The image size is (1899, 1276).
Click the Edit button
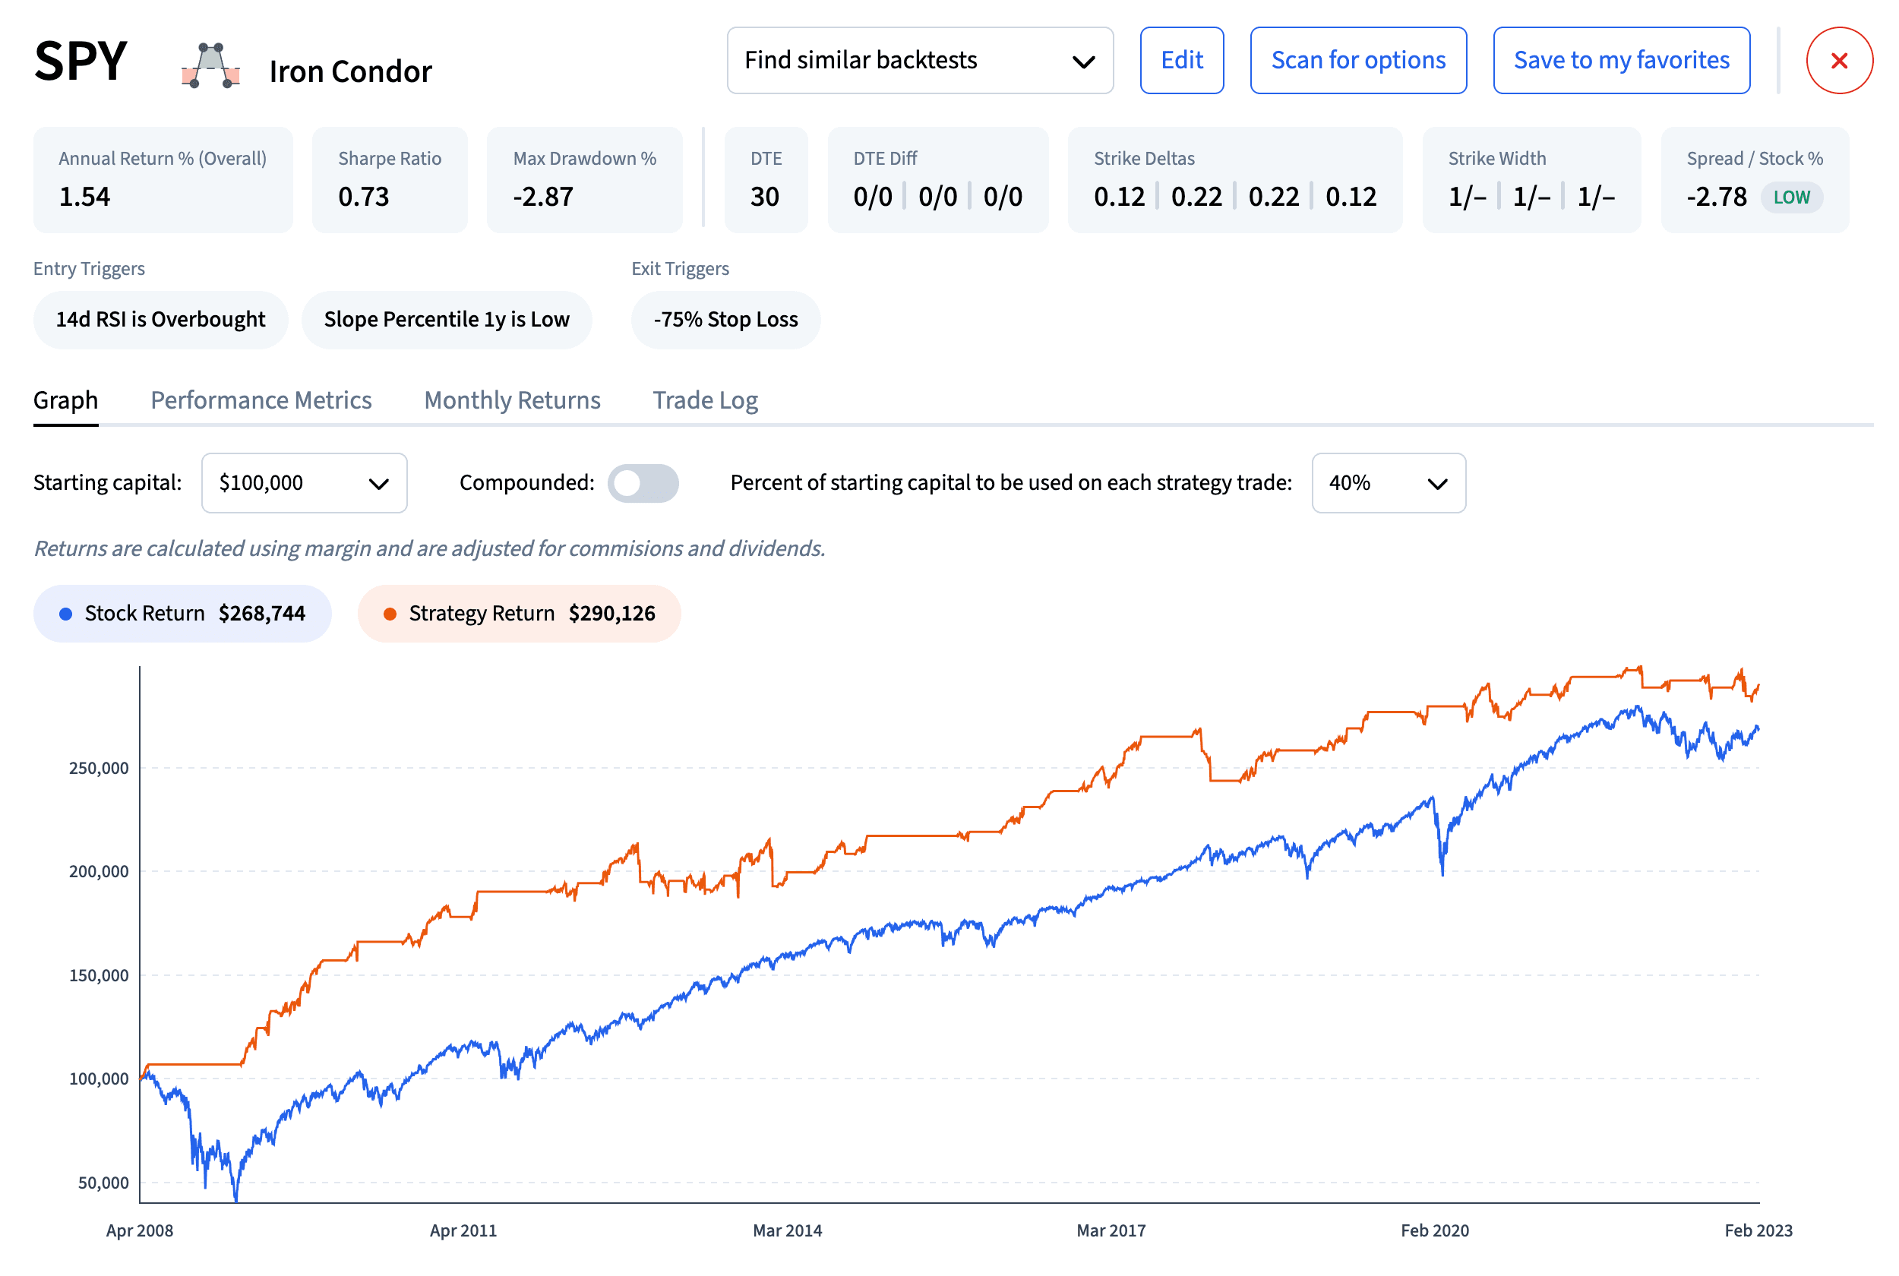point(1181,60)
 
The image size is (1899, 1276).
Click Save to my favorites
point(1621,60)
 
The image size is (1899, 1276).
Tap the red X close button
point(1839,60)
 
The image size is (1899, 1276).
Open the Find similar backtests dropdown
point(919,60)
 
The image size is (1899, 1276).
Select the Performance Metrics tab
point(261,400)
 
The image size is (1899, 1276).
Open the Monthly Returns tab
point(512,400)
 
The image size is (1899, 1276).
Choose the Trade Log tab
point(705,400)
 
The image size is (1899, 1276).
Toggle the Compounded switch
point(643,482)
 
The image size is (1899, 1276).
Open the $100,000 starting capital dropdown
point(304,482)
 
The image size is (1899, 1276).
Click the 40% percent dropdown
point(1388,482)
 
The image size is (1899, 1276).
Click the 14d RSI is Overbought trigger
point(160,319)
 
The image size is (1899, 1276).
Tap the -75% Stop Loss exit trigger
point(725,319)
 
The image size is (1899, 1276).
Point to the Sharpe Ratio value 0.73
point(364,196)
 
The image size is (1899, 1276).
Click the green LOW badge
point(1791,197)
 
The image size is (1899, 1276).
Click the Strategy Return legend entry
point(518,613)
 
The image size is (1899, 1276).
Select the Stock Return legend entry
point(182,613)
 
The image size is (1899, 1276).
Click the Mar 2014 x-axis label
point(787,1230)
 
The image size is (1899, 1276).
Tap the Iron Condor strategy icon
point(210,65)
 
